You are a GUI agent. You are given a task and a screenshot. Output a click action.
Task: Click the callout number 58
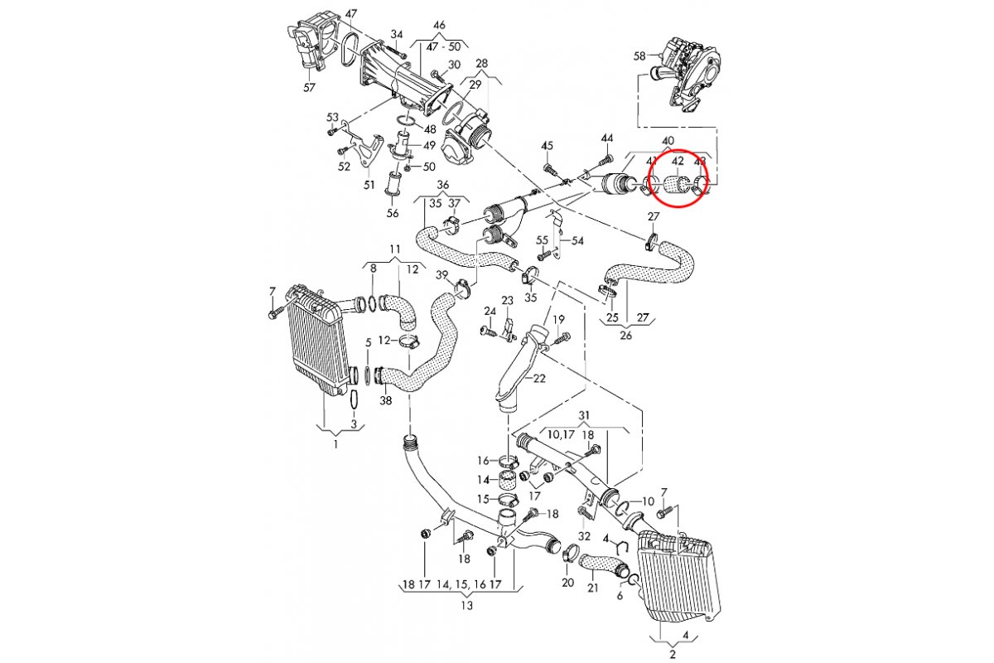point(639,56)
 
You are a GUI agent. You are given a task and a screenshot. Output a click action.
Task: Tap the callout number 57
point(310,87)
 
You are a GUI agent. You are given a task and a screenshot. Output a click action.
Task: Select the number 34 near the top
point(397,35)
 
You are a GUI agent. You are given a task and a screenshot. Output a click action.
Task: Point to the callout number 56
point(393,213)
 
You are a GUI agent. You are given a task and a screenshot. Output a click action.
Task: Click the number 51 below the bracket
point(369,185)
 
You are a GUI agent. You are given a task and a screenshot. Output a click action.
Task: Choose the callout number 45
point(547,146)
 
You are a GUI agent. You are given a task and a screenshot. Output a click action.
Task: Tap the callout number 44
point(607,138)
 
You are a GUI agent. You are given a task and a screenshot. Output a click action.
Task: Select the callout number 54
point(578,240)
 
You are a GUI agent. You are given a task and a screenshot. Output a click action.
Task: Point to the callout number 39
point(442,275)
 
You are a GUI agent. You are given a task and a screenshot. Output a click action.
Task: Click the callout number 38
point(385,401)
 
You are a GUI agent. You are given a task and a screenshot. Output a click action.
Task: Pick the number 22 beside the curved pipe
point(540,379)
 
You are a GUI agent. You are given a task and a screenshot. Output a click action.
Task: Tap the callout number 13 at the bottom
point(467,606)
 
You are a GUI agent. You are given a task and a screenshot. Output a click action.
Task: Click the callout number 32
point(585,536)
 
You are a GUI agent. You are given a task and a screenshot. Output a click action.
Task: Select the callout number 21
point(592,588)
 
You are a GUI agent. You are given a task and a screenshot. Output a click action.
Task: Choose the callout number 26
point(626,336)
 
